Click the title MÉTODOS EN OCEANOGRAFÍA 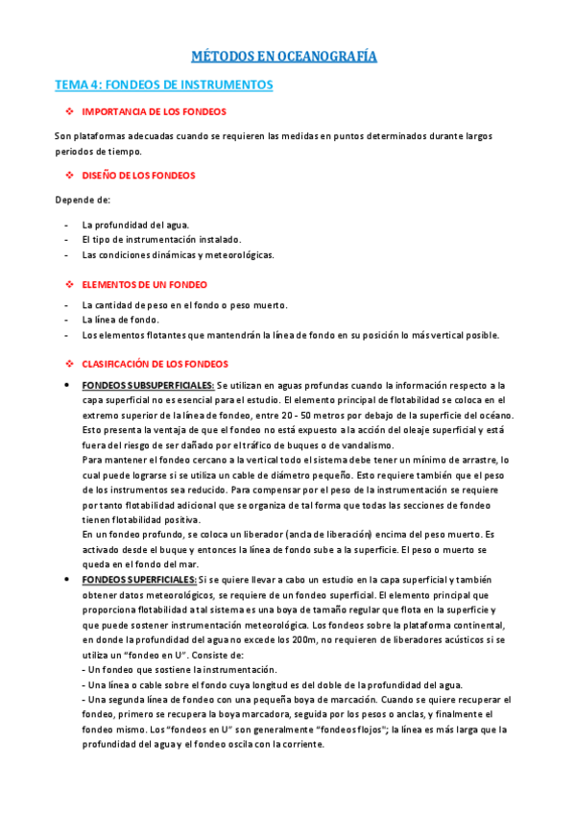click(287, 57)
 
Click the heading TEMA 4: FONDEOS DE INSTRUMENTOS click(164, 85)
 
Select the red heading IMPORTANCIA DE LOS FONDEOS click(154, 111)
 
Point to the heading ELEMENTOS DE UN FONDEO click(144, 285)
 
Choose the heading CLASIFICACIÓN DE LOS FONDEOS click(155, 364)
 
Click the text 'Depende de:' click(83, 200)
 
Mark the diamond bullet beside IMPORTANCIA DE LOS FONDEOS click(69, 111)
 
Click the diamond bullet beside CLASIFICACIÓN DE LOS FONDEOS click(69, 364)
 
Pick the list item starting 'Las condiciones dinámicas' click(178, 254)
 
